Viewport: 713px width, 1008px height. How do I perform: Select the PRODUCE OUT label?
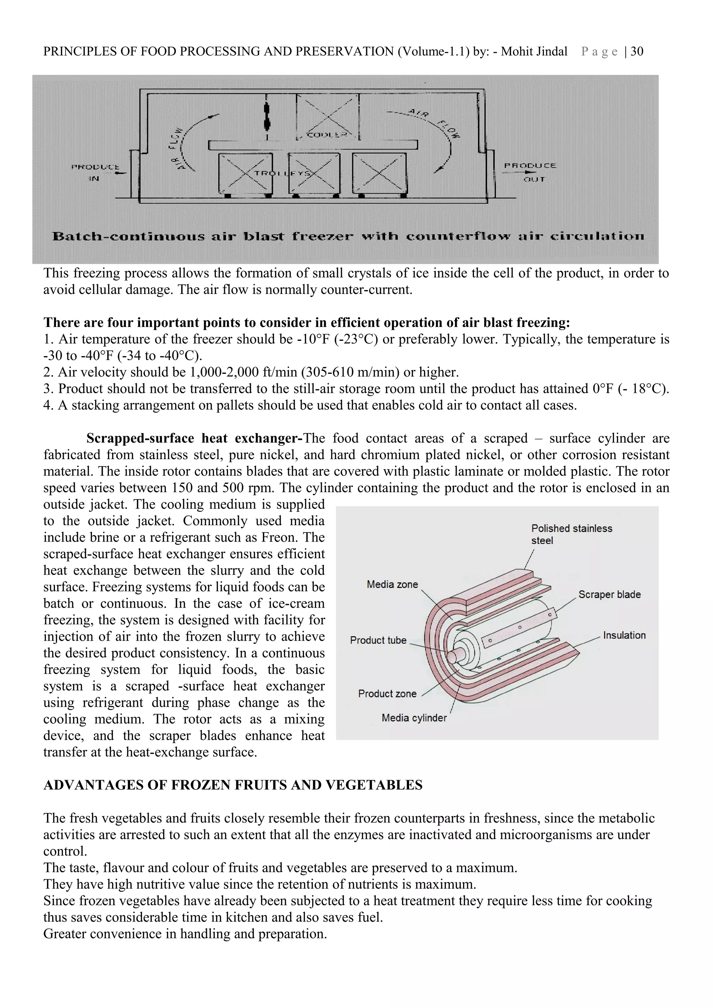[x=530, y=172]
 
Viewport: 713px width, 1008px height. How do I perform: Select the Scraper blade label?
[x=609, y=594]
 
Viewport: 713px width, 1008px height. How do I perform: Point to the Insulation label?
[x=624, y=635]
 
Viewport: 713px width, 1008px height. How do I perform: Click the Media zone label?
[x=392, y=584]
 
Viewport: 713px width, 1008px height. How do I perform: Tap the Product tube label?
[x=378, y=640]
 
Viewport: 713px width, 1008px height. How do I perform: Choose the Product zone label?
[x=387, y=694]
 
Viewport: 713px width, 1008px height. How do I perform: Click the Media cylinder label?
[x=414, y=718]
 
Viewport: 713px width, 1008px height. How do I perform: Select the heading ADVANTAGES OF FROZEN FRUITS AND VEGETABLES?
[x=233, y=785]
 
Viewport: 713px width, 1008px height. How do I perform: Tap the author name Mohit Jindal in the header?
[x=534, y=52]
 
